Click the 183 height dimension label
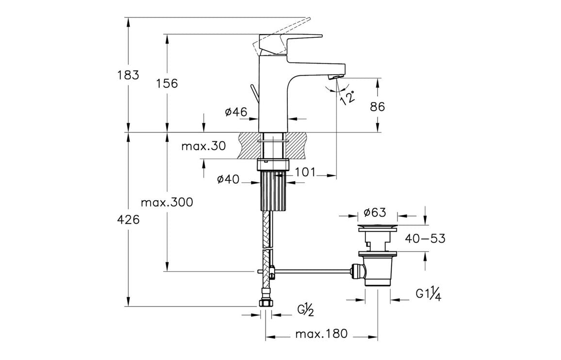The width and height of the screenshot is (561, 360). (128, 75)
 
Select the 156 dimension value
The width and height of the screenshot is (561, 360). (167, 83)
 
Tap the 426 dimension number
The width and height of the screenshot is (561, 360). (129, 220)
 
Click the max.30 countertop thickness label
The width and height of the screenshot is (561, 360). (203, 146)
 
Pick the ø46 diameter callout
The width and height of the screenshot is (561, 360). (236, 113)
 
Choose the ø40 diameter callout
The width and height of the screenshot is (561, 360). (229, 180)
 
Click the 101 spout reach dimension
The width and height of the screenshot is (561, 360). (306, 172)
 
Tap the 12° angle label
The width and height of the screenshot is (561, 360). (347, 97)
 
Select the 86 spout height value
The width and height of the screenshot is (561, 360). (377, 107)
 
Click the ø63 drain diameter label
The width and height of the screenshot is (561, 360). (374, 213)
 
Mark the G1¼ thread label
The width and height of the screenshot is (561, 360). (428, 295)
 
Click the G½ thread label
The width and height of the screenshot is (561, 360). (306, 310)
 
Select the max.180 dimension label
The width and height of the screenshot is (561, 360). (321, 334)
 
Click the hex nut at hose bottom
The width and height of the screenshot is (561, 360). (265, 303)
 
